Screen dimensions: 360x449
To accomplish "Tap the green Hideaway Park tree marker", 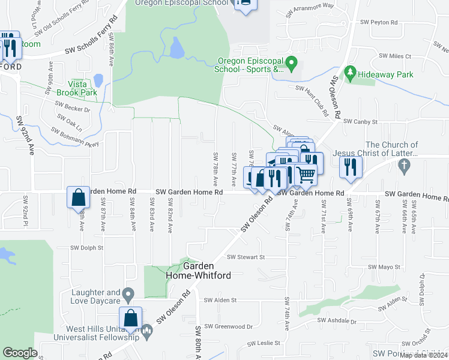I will click(x=350, y=74).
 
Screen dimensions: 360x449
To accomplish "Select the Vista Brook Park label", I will click(x=76, y=88).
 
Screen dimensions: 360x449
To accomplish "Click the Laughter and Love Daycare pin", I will click(x=127, y=295).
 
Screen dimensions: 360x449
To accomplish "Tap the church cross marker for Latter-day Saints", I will click(x=405, y=164).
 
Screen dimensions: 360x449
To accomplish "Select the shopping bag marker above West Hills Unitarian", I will click(x=130, y=319).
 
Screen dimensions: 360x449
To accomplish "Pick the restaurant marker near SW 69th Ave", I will click(x=351, y=166).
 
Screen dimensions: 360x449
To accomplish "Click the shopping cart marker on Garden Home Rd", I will click(x=306, y=175).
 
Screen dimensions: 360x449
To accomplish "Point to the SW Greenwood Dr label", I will click(x=229, y=326).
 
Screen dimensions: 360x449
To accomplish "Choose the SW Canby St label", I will click(x=360, y=122).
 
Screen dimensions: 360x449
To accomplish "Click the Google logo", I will click(x=20, y=353).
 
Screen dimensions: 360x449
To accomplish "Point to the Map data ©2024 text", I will click(x=423, y=355).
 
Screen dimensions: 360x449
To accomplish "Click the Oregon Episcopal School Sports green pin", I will click(x=292, y=62).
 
